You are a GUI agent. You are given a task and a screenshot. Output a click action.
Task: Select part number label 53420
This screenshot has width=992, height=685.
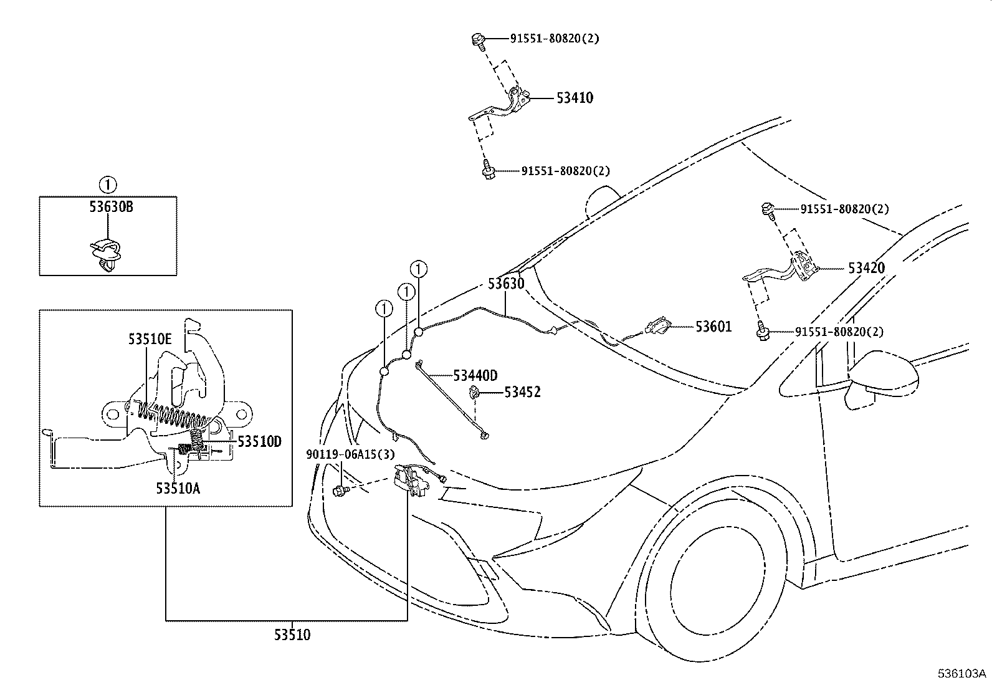(866, 268)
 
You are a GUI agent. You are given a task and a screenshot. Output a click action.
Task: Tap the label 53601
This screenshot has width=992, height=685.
(713, 327)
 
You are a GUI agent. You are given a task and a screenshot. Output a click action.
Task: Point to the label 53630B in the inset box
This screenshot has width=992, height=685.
(110, 207)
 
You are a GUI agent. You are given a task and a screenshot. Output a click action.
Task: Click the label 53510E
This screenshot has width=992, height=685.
(150, 340)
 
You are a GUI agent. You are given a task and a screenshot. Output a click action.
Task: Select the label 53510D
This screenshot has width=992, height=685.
(259, 442)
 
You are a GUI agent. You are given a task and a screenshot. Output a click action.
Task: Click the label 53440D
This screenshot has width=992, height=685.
(475, 375)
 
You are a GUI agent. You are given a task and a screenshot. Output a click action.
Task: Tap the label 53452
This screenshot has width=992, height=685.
(522, 392)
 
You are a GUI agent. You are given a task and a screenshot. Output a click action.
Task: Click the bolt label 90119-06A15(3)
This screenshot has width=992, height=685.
(350, 454)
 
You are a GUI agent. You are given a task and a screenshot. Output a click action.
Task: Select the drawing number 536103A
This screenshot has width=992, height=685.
(963, 674)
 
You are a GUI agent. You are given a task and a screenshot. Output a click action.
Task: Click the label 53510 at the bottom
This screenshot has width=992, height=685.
(292, 635)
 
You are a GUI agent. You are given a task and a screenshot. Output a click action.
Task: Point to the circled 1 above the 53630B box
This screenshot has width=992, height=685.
(107, 184)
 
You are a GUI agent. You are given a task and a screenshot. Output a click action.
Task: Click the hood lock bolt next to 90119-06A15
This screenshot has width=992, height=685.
(341, 492)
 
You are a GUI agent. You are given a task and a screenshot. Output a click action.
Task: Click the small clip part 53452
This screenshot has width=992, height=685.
(475, 392)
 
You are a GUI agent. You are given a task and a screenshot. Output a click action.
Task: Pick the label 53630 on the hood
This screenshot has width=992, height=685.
(505, 284)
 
